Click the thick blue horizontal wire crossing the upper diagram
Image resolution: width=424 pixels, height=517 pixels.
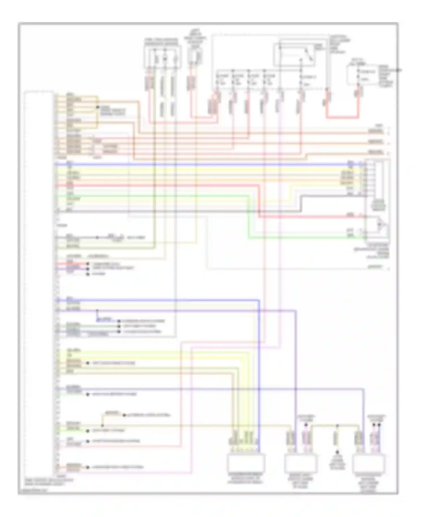click(x=198, y=164)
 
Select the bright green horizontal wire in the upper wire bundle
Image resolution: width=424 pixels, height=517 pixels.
click(x=170, y=195)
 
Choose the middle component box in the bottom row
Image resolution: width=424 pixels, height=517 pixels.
click(x=300, y=464)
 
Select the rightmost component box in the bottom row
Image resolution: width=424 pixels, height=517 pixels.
click(x=369, y=464)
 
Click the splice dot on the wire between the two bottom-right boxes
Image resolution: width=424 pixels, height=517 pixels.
click(x=337, y=425)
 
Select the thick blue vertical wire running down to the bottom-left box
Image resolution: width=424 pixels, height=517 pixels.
click(x=259, y=368)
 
